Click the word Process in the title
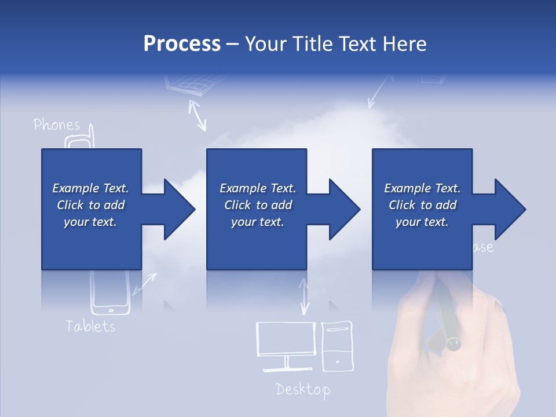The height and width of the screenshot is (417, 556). (x=182, y=44)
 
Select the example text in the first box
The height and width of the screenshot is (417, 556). (x=90, y=205)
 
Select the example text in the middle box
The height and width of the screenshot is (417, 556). (x=257, y=205)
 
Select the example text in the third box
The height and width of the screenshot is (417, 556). (x=422, y=205)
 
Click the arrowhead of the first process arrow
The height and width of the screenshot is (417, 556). (x=179, y=209)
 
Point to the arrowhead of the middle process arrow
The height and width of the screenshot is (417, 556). (x=344, y=209)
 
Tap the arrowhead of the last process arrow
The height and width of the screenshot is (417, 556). (x=510, y=209)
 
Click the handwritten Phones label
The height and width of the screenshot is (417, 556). (x=57, y=125)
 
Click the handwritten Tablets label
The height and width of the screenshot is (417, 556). (x=90, y=326)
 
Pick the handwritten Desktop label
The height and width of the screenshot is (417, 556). (x=302, y=389)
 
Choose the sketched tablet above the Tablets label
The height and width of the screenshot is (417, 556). (x=110, y=292)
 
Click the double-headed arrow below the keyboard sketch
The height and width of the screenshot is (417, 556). (x=197, y=114)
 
